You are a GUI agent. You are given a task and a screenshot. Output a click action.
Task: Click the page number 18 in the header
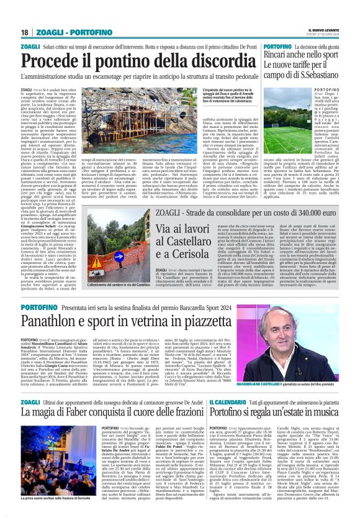click(x=24, y=32)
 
